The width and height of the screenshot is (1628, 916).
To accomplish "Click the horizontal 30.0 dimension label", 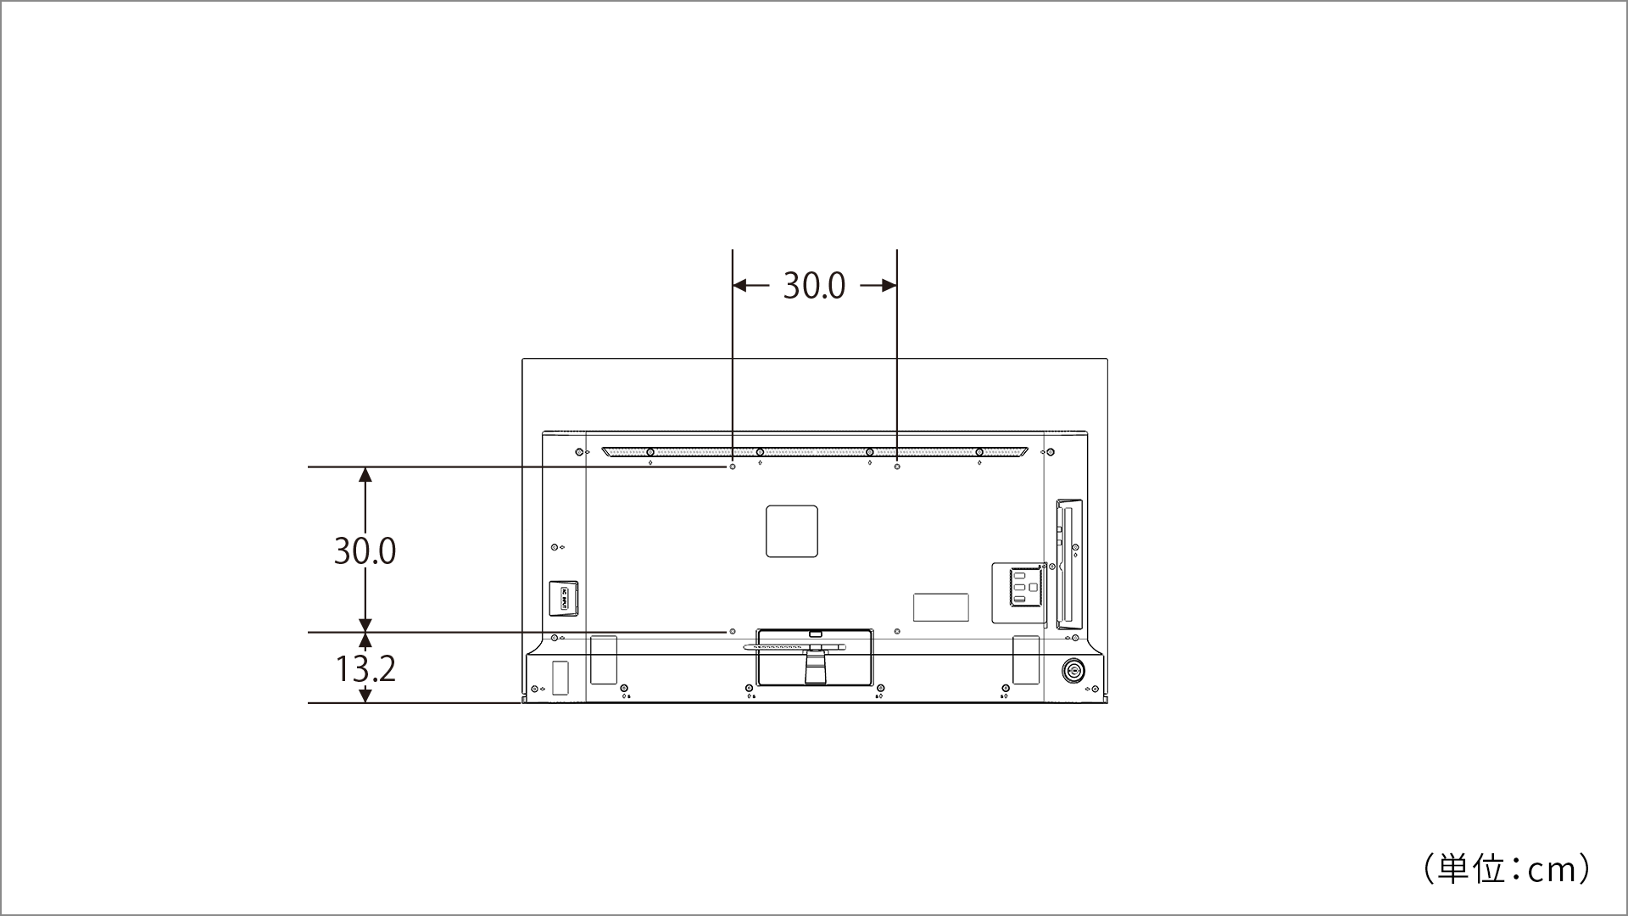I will (x=813, y=286).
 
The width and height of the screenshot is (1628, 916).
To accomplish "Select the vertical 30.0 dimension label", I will (x=365, y=551).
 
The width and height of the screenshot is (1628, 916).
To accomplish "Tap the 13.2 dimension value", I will (x=365, y=668).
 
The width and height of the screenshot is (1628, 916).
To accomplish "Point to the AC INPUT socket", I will (x=564, y=598).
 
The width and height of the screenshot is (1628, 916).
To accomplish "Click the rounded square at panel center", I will (x=792, y=532).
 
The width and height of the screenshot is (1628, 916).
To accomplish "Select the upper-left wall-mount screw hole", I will (x=732, y=467).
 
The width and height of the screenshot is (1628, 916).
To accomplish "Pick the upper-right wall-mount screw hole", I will (x=897, y=467).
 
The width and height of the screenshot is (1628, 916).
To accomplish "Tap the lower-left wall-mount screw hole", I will (x=732, y=632).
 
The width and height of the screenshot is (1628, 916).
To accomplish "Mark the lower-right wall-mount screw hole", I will (x=897, y=632).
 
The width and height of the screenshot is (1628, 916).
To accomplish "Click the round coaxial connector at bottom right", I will (x=1073, y=671).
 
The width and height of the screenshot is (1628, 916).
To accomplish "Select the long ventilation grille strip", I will (x=814, y=452).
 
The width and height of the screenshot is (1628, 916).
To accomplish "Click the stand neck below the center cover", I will (x=814, y=666).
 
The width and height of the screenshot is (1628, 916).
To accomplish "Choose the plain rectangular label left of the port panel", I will (x=940, y=606).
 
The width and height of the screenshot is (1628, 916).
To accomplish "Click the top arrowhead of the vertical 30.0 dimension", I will (x=365, y=474).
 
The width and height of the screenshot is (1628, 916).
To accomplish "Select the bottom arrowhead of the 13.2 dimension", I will (x=365, y=695).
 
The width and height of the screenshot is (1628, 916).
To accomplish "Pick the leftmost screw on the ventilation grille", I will (x=650, y=452).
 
